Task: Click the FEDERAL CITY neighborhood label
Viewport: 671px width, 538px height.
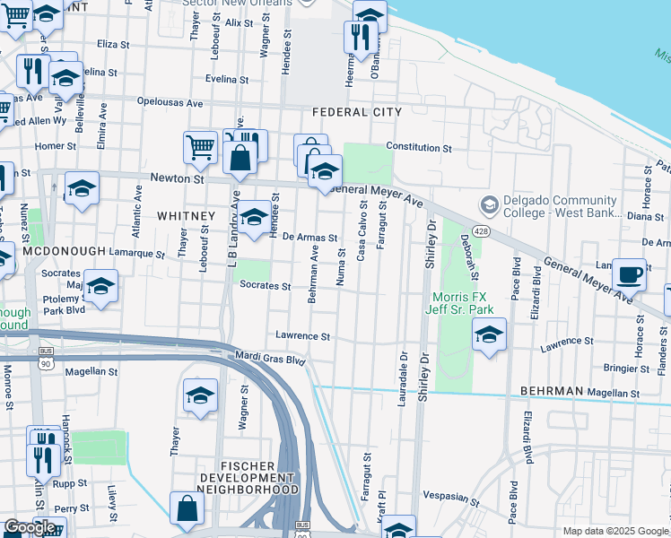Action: click(x=356, y=112)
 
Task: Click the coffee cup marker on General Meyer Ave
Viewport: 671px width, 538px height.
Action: click(x=629, y=274)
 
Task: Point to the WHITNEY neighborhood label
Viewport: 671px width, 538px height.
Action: click(x=186, y=216)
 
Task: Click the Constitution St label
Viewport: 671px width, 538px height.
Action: click(x=418, y=147)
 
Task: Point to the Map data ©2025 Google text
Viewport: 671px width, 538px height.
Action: click(x=614, y=531)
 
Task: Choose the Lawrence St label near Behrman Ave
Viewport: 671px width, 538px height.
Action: click(x=303, y=337)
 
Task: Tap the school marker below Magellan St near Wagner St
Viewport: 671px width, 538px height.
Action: click(x=200, y=395)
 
